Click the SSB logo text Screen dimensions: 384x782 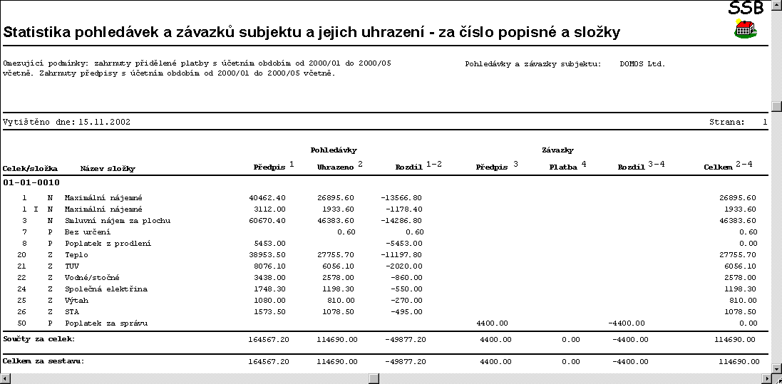[746, 8]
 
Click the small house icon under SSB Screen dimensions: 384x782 [746, 29]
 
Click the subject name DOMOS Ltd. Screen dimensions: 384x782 [642, 63]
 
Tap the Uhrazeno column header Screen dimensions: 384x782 [337, 167]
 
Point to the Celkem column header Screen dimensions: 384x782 [718, 167]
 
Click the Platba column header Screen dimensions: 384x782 [563, 167]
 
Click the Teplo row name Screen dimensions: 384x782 [76, 254]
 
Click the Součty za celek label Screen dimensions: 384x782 [39, 338]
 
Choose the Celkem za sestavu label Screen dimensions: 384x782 [43, 361]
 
